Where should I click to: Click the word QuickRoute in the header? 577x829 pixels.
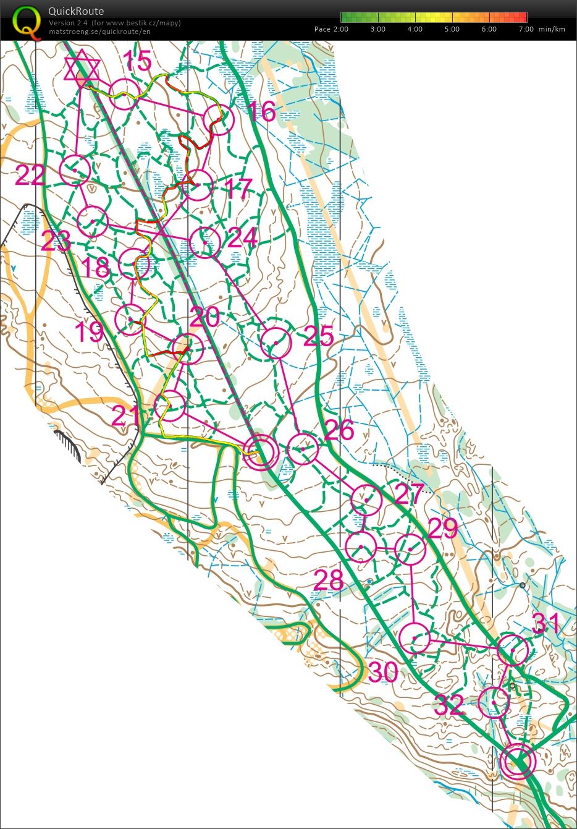pyautogui.click(x=76, y=11)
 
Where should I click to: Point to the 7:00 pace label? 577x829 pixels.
pyautogui.click(x=526, y=29)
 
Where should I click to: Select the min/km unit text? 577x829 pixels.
pyautogui.click(x=552, y=29)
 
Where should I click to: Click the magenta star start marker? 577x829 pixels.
pyautogui.click(x=82, y=69)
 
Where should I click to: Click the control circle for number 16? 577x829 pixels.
pyautogui.click(x=218, y=119)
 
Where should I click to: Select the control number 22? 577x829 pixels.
pyautogui.click(x=30, y=176)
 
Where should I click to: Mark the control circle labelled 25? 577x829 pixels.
pyautogui.click(x=276, y=342)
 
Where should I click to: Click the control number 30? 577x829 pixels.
pyautogui.click(x=383, y=672)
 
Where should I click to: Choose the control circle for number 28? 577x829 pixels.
pyautogui.click(x=361, y=547)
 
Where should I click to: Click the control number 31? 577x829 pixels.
pyautogui.click(x=546, y=624)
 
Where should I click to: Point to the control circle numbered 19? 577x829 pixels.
pyautogui.click(x=130, y=320)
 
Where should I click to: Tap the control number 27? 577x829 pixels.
pyautogui.click(x=410, y=494)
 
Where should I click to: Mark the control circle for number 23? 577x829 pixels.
pyautogui.click(x=93, y=221)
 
